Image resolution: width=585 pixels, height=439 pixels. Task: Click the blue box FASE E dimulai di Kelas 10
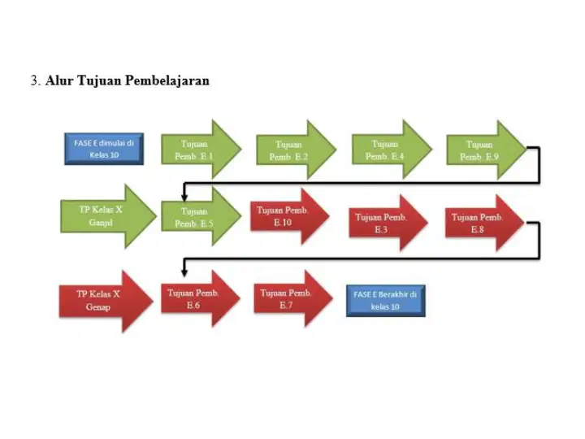104,149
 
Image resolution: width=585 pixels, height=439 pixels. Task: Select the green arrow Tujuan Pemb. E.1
201,150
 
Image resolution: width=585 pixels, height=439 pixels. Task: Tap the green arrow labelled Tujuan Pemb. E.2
297,150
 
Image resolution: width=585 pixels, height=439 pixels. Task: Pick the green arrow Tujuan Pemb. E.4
392,150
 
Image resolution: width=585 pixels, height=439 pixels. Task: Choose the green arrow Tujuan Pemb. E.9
487,150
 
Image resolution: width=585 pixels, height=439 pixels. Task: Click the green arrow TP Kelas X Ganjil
108,216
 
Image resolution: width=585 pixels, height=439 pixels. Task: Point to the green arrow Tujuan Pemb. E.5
201,216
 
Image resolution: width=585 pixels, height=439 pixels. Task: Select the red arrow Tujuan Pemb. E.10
290,216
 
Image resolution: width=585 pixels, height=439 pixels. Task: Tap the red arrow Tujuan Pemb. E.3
388,223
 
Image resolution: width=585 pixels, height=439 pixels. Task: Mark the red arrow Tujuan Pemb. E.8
484,223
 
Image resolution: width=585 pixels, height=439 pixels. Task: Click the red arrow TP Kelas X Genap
106,302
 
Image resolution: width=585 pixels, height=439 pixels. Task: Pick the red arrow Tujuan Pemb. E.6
201,298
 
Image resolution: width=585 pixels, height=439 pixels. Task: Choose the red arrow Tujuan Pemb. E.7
293,298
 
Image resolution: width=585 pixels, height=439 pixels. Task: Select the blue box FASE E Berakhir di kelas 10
386,301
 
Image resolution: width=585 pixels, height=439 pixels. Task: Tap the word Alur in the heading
59,80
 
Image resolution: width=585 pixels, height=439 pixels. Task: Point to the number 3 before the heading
34,80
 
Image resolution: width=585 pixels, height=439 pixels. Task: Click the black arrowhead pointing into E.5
184,198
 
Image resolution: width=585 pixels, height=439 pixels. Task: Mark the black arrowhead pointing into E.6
184,273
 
